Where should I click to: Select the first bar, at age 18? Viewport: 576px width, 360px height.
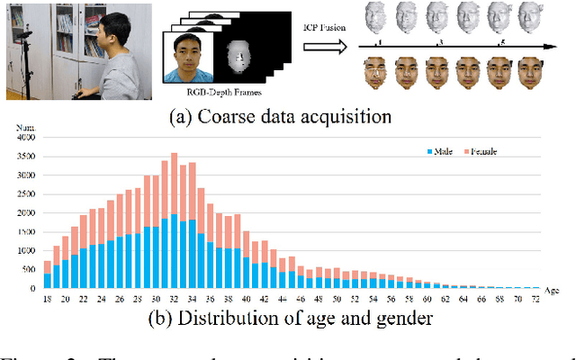pos(48,274)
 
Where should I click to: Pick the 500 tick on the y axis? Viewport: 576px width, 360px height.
pos(31,269)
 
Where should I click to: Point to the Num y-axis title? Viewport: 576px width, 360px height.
pos(26,128)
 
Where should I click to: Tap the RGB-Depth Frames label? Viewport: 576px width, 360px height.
pos(210,93)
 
